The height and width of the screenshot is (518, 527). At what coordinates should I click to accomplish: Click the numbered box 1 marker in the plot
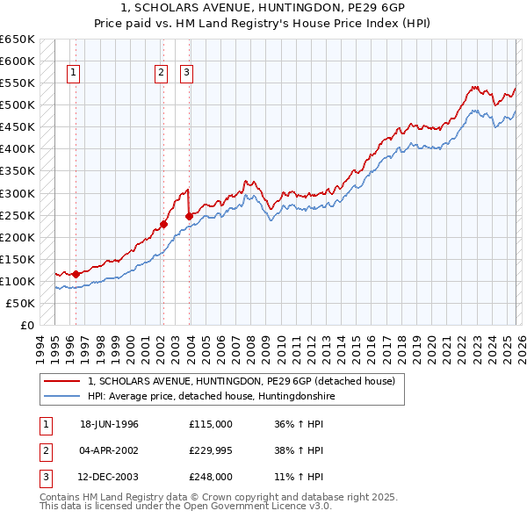74,74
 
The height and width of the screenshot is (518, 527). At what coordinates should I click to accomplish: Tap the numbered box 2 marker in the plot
162,74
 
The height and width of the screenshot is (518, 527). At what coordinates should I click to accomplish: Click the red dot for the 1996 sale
76,274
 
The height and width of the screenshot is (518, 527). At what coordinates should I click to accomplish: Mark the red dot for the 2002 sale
163,224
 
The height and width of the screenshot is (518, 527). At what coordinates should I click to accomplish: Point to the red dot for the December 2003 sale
189,216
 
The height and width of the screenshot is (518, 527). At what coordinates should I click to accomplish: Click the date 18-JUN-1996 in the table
109,424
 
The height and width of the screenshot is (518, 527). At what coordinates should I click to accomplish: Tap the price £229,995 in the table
210,450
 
